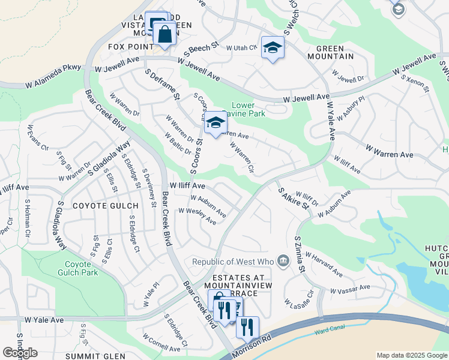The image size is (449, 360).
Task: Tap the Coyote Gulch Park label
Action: (81, 268)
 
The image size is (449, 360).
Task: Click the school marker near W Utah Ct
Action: (273, 48)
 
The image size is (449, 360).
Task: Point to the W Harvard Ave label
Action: (324, 265)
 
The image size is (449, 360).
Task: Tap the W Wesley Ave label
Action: (197, 217)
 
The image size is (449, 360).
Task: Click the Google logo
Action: (20, 353)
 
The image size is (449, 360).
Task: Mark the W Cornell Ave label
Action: (161, 343)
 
